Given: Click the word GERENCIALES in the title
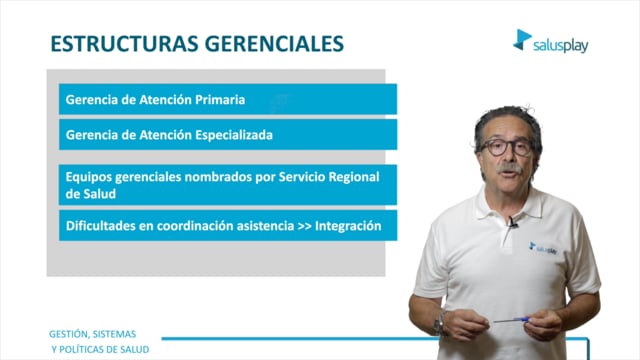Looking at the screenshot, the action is (274, 44).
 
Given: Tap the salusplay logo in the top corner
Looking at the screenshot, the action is (551, 41).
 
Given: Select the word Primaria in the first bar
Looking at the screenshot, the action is (220, 100).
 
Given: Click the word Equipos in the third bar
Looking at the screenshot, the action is (88, 178).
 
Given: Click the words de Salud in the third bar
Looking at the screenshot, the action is (91, 194).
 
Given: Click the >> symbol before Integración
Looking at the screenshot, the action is (304, 226).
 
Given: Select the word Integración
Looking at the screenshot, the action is (348, 226).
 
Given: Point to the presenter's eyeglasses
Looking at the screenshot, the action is (507, 147).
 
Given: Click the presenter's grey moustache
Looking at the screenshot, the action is (509, 168).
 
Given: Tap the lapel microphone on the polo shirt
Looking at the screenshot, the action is (513, 222).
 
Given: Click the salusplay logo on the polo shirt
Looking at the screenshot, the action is (543, 248).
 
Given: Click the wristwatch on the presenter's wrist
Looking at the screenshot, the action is (440, 324).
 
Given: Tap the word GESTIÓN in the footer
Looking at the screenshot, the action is (69, 334).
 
